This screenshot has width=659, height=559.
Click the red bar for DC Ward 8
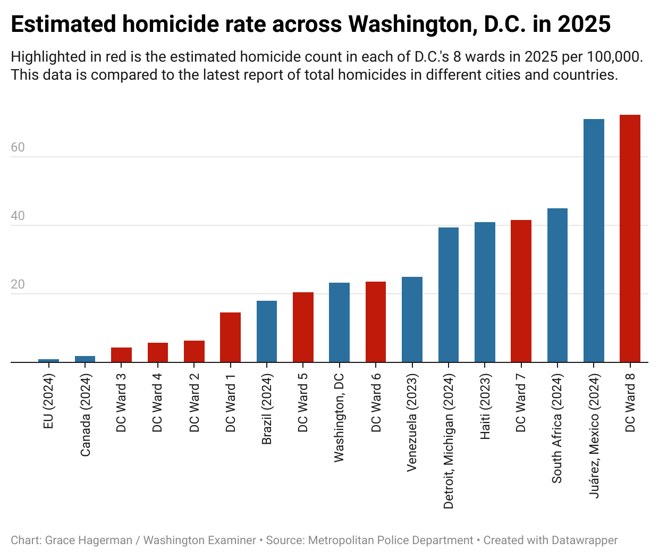[630, 239]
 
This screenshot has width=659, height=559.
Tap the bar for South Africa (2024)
[557, 285]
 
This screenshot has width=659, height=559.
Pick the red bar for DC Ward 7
[521, 291]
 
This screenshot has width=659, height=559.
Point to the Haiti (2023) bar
[485, 292]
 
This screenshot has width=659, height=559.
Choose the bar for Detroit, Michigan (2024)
[449, 295]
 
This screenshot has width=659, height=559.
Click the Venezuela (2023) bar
[412, 319]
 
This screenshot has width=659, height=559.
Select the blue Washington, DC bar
[339, 323]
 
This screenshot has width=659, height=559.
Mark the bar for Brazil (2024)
[267, 332]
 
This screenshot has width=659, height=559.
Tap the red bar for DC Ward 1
[230, 337]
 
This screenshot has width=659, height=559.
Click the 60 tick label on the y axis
[18, 147]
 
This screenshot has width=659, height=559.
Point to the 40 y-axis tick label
[18, 216]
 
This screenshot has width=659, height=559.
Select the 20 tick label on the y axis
[18, 284]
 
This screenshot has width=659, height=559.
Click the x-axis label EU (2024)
[49, 401]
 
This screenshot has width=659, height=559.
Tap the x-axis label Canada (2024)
[86, 415]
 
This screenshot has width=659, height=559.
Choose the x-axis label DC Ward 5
[303, 403]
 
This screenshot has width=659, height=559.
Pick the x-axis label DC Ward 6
[376, 403]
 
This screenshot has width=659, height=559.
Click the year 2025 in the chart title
[584, 24]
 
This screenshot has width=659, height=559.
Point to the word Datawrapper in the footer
[584, 540]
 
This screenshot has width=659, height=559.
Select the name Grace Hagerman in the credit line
[89, 540]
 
